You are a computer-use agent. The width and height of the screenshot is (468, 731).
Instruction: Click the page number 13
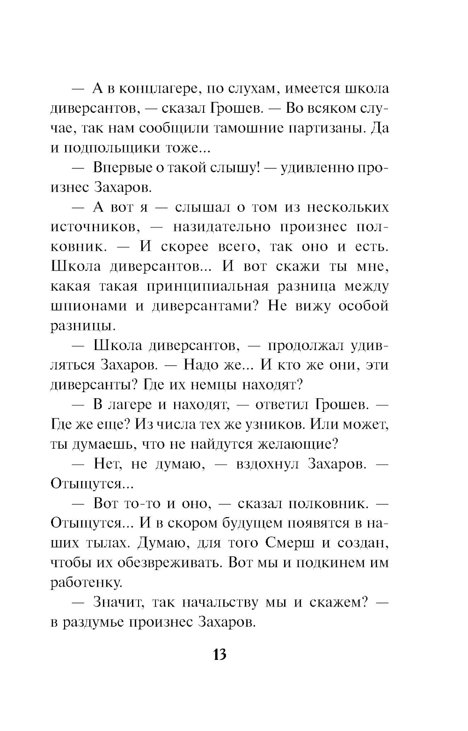coord(219,654)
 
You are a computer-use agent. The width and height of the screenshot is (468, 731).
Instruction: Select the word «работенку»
coord(86,583)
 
